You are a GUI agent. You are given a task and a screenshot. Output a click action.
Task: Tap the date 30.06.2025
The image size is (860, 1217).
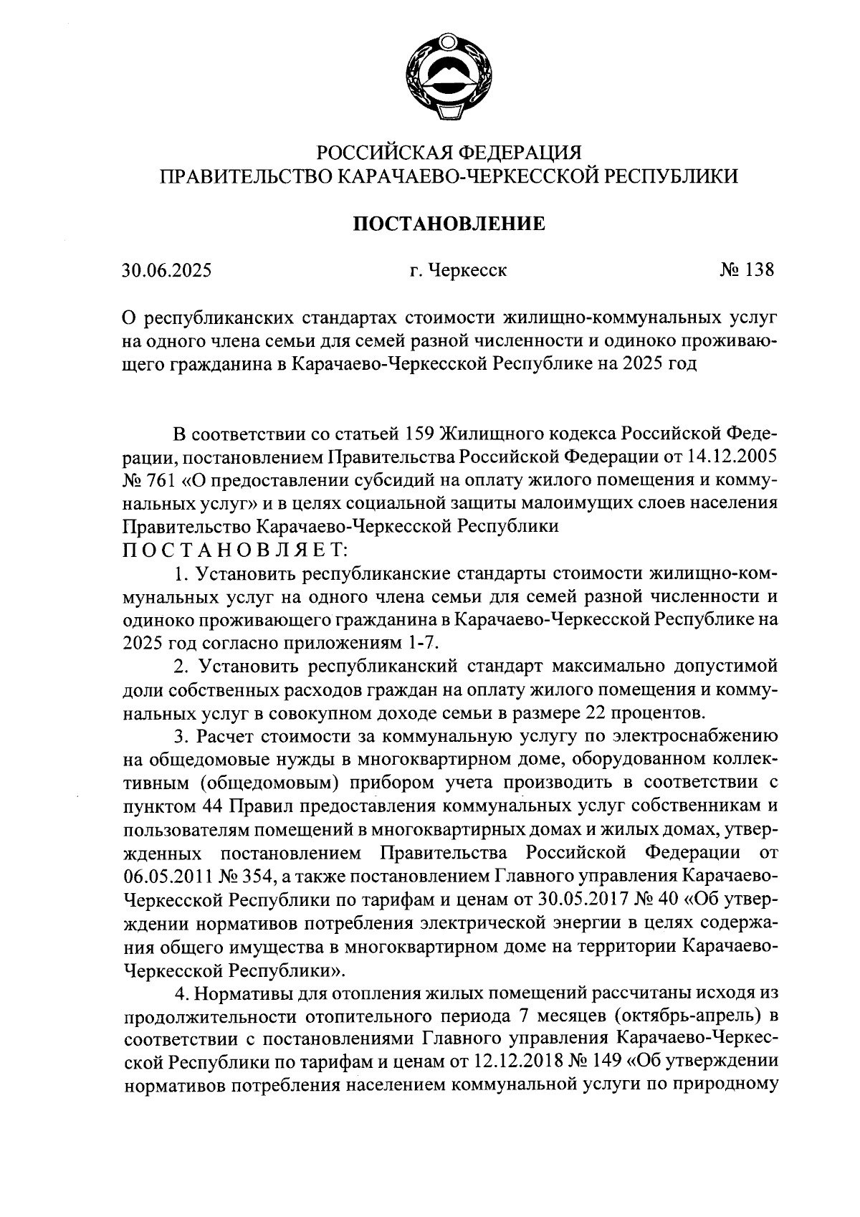(x=166, y=271)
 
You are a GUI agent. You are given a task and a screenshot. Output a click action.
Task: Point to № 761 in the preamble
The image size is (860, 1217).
(x=150, y=479)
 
